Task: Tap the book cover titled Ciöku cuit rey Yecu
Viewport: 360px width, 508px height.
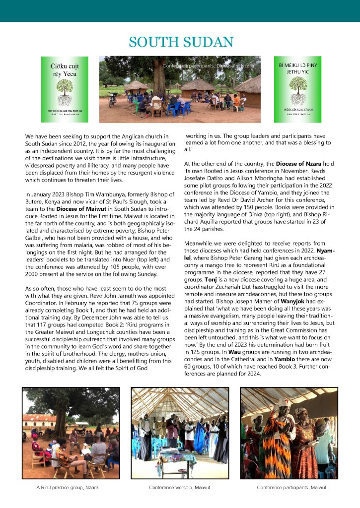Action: tap(65, 89)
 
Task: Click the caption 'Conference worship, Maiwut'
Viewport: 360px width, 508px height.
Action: tap(179, 488)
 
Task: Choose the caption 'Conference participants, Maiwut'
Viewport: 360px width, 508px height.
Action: tap(291, 488)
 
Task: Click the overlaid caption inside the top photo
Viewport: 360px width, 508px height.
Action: tap(208, 65)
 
